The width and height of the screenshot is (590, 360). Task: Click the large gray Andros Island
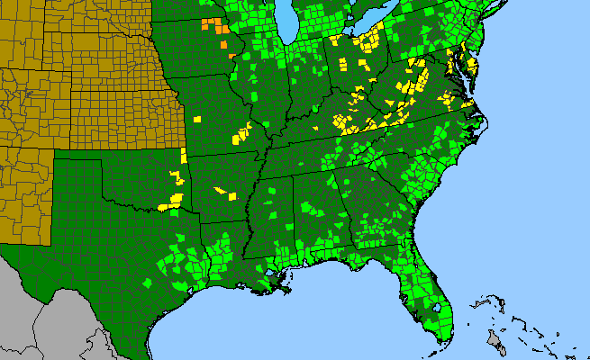(493, 339)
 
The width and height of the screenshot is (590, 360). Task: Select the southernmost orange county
(224, 58)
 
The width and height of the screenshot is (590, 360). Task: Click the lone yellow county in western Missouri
(199, 117)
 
